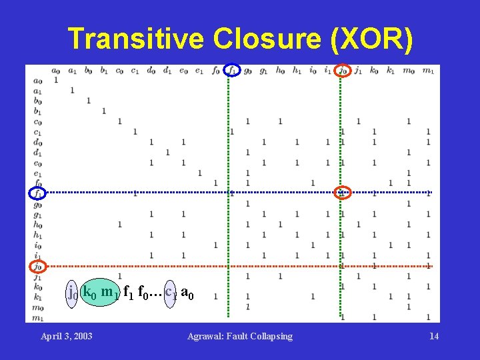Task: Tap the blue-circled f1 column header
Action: pos(231,70)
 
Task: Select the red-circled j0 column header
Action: pos(343,70)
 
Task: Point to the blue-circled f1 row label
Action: pos(37,193)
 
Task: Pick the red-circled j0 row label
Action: pos(37,267)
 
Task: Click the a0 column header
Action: pos(55,71)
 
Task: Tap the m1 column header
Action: pos(427,71)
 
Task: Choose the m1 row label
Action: pos(38,317)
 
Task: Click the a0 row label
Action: pos(38,81)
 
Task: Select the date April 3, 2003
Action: pos(67,336)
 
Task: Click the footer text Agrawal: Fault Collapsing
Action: pos(240,336)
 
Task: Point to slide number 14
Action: pos(434,336)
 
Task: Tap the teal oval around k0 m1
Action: pos(99,292)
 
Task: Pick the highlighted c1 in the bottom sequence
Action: pos(171,292)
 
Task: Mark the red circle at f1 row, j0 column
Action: pos(343,193)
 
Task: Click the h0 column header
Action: pos(280,71)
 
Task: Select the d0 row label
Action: pos(38,142)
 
